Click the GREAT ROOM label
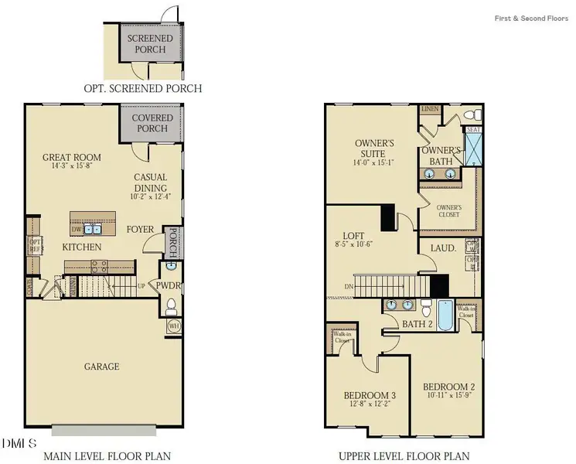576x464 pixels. (x=71, y=158)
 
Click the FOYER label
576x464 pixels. (x=140, y=229)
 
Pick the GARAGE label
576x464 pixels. (x=101, y=366)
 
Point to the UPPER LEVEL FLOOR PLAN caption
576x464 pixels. (x=404, y=456)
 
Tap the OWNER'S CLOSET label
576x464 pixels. (x=448, y=210)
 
